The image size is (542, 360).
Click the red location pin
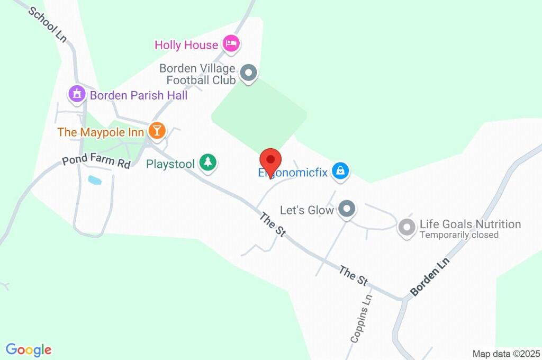[x=270, y=160]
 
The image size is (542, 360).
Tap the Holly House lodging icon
[x=231, y=43]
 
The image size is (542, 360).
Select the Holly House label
[x=186, y=45]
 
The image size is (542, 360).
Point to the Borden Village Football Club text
[x=197, y=74]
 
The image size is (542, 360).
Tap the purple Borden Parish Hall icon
[x=77, y=94]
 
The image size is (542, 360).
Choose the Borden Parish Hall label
[x=139, y=96]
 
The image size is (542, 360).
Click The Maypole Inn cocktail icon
[x=156, y=130]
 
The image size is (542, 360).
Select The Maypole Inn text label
[x=101, y=132]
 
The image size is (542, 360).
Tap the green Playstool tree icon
[x=207, y=163]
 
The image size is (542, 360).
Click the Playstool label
[x=170, y=164]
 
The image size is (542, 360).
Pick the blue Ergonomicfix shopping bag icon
[x=339, y=170]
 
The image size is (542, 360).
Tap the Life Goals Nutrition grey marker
[x=406, y=227]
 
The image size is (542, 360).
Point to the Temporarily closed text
[x=459, y=235]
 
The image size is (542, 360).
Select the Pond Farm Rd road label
[x=96, y=161]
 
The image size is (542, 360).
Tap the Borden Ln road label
[x=430, y=277]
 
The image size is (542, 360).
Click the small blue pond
[x=94, y=180]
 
